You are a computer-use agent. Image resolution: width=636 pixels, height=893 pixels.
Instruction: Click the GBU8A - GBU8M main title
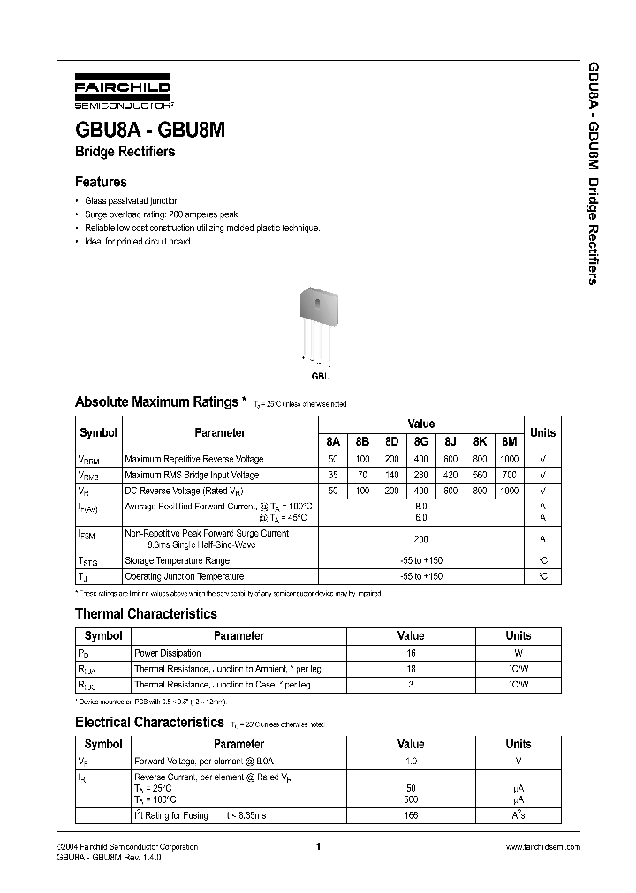150,129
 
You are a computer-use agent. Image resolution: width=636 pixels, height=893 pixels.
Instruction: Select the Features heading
101,182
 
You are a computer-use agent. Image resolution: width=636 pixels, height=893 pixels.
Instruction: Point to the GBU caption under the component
320,376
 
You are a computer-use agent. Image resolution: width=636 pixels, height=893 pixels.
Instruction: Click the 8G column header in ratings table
420,441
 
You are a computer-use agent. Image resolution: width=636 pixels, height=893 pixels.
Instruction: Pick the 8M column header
509,441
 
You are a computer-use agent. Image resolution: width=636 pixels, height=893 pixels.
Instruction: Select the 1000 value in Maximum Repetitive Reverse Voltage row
509,459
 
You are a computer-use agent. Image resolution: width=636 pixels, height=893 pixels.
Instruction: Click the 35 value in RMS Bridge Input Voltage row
332,475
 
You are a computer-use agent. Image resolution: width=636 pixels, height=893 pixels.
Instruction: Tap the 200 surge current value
420,538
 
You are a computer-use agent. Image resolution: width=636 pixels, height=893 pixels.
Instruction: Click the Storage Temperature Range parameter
177,560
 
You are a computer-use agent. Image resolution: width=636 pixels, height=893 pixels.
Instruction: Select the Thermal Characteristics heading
146,613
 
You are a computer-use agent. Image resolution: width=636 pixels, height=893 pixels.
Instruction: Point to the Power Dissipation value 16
411,653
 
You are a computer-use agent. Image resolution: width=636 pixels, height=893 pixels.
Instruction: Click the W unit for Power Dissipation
519,653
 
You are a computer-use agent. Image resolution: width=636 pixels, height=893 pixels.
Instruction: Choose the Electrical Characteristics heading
148,722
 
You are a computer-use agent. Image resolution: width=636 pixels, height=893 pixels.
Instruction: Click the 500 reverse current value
411,799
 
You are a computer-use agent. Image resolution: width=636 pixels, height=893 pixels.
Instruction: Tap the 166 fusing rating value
411,815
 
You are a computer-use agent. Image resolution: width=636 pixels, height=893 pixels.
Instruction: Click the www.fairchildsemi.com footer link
543,846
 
